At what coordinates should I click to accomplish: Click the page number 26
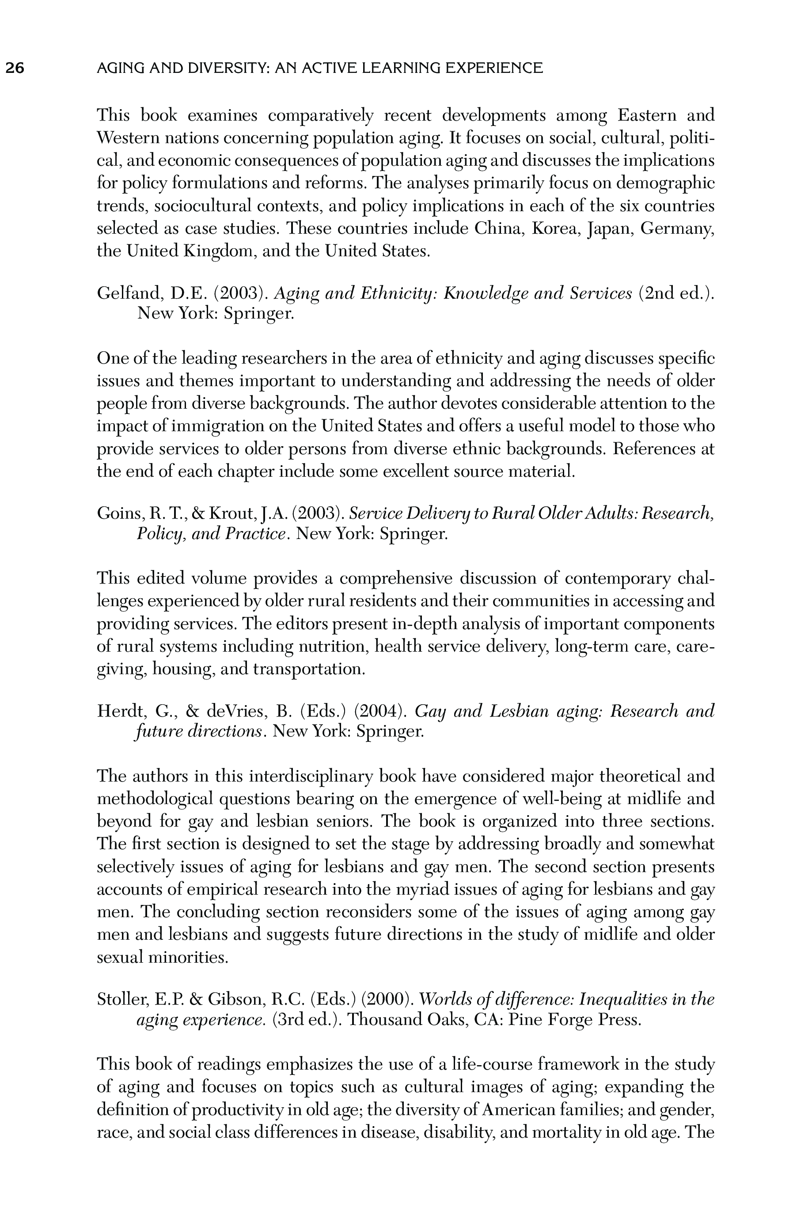(15, 68)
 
